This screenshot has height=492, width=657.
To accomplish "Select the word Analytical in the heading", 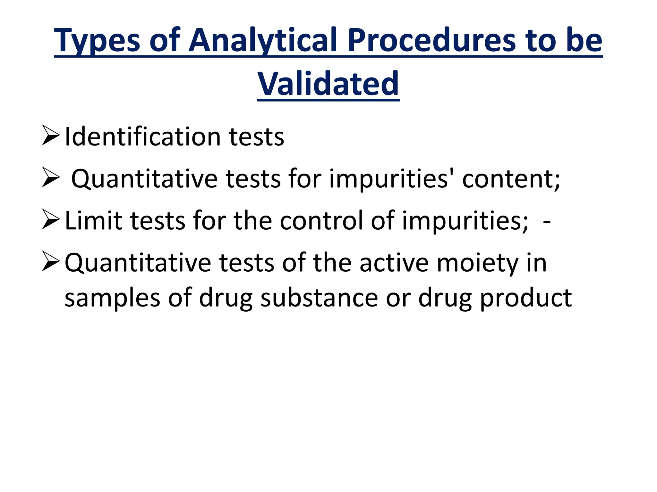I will (x=262, y=41).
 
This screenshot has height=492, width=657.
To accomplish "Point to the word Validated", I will (x=328, y=84).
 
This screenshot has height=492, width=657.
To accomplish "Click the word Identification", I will (x=142, y=137).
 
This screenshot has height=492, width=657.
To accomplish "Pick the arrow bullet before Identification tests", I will (x=51, y=136).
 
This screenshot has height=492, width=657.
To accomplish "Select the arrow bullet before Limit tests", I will (x=51, y=220).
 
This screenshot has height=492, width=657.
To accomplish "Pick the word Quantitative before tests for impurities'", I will (x=144, y=179).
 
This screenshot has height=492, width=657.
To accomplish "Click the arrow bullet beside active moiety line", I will (x=51, y=262).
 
